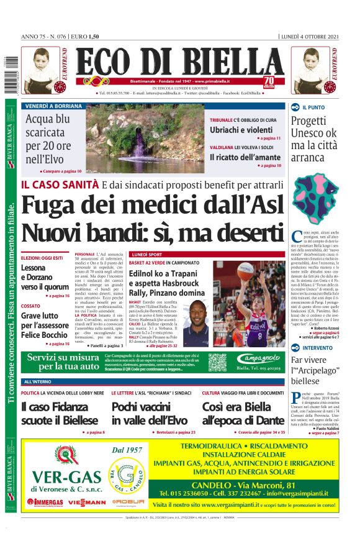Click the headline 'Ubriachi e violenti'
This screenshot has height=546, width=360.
241,129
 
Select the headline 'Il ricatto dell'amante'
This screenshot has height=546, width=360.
245,157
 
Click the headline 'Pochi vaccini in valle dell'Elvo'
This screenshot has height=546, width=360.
149,413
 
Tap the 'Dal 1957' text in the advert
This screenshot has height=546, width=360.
128,449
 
